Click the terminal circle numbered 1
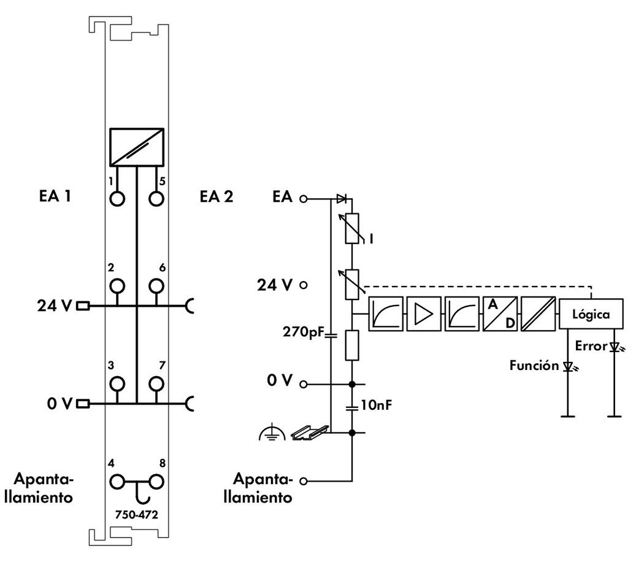click(117, 199)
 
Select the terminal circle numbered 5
click(156, 199)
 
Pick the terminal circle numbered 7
click(156, 384)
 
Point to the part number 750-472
click(136, 515)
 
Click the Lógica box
click(591, 315)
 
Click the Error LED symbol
click(615, 347)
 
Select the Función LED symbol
click(569, 367)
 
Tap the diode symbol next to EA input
click(342, 199)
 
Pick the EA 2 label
click(216, 197)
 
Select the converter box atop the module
click(137, 147)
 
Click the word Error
click(591, 346)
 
